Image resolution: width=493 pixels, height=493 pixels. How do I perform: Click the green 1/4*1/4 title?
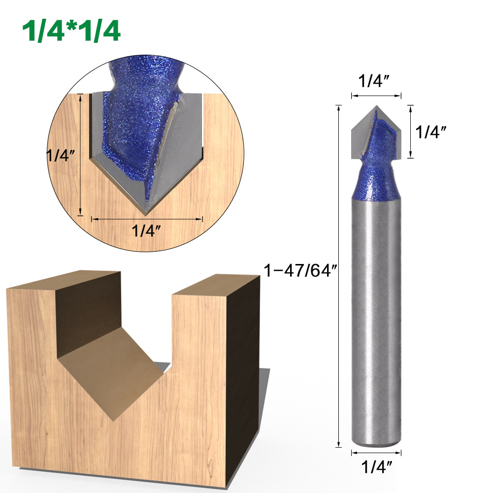tap(71, 32)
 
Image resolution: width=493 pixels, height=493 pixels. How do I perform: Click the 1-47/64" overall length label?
tap(300, 271)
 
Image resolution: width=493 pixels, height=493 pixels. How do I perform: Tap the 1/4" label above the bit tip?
tap(374, 81)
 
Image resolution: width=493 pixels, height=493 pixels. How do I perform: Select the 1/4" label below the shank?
tap(377, 467)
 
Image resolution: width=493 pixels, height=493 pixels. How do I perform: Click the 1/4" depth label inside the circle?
tap(61, 155)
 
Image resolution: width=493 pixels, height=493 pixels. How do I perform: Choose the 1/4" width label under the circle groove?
tap(146, 231)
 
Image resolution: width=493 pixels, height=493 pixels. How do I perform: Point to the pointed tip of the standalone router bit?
tap(376, 106)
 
